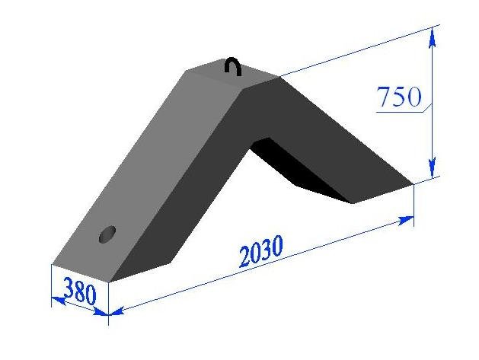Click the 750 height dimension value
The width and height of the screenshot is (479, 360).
(399, 97)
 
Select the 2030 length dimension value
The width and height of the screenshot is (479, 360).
(261, 251)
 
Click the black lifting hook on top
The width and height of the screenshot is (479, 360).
(233, 66)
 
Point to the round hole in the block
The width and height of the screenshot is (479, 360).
(107, 234)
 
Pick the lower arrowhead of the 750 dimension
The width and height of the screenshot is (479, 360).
(432, 167)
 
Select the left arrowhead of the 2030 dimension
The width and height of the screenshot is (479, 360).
(116, 311)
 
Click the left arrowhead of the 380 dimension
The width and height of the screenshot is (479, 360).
(59, 301)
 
